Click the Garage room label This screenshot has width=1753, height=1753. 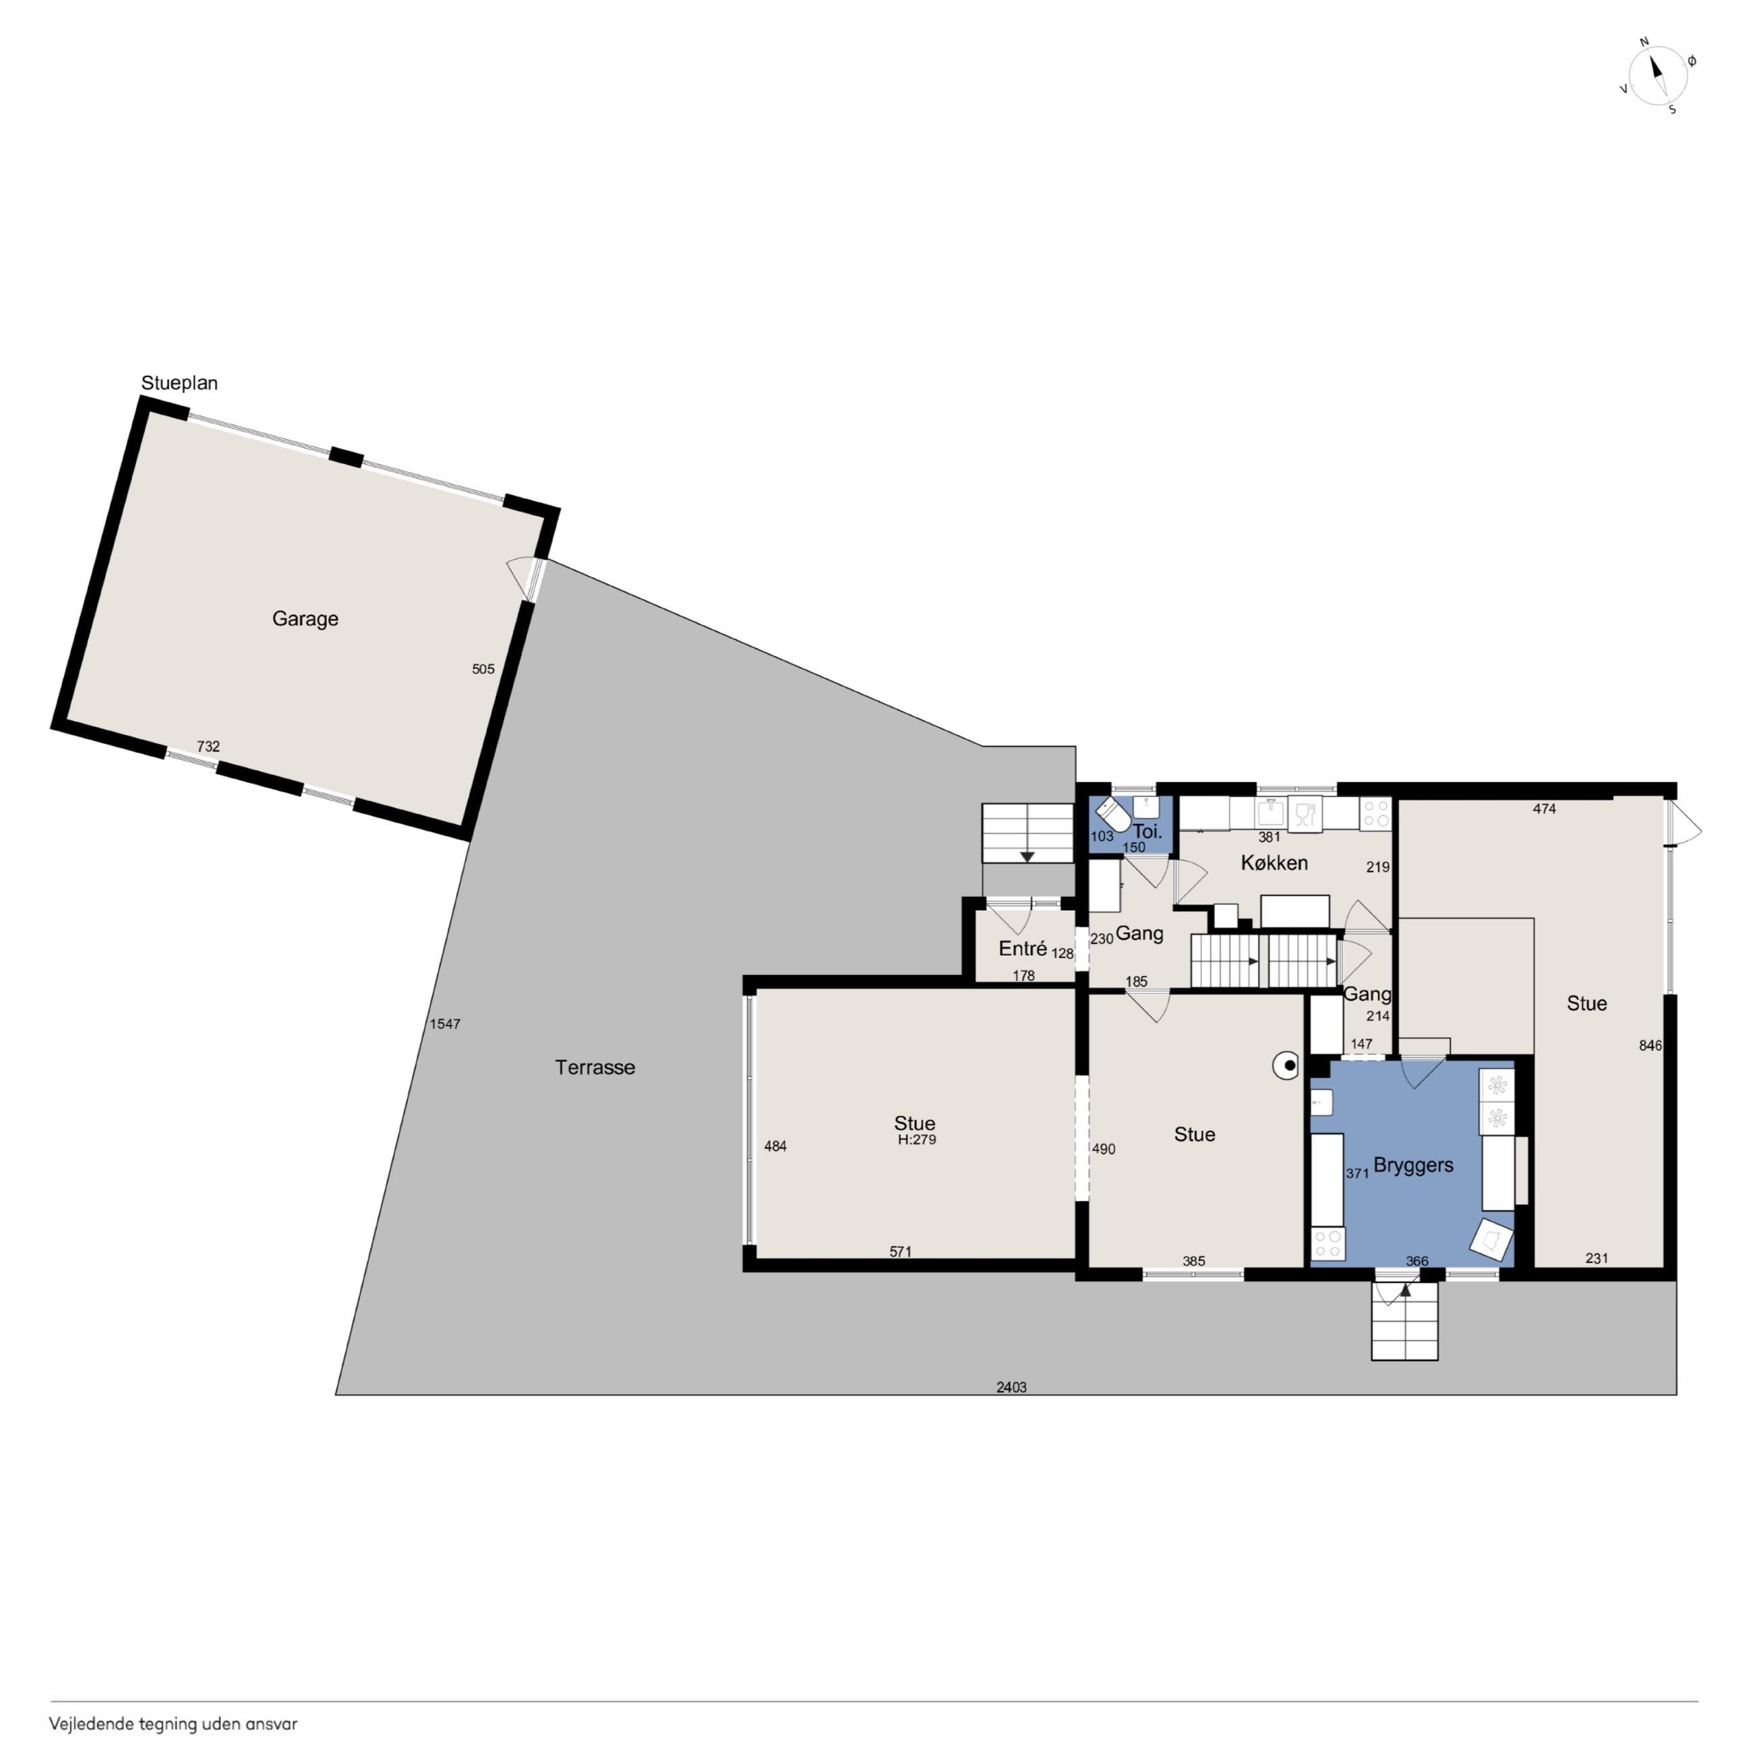coord(305,619)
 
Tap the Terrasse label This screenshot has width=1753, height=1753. coord(595,1067)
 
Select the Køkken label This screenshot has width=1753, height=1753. coord(1274,863)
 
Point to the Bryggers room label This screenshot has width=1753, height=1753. coord(1413,1166)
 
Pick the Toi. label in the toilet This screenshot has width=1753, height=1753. coord(1147,831)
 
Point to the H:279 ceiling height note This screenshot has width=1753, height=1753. coord(916,1139)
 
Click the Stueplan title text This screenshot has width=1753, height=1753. coord(179,383)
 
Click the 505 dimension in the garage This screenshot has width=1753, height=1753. coord(483,669)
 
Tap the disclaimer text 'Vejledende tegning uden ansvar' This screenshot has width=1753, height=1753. coord(173,1723)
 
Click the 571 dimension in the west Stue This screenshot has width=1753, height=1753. coord(900,1251)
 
